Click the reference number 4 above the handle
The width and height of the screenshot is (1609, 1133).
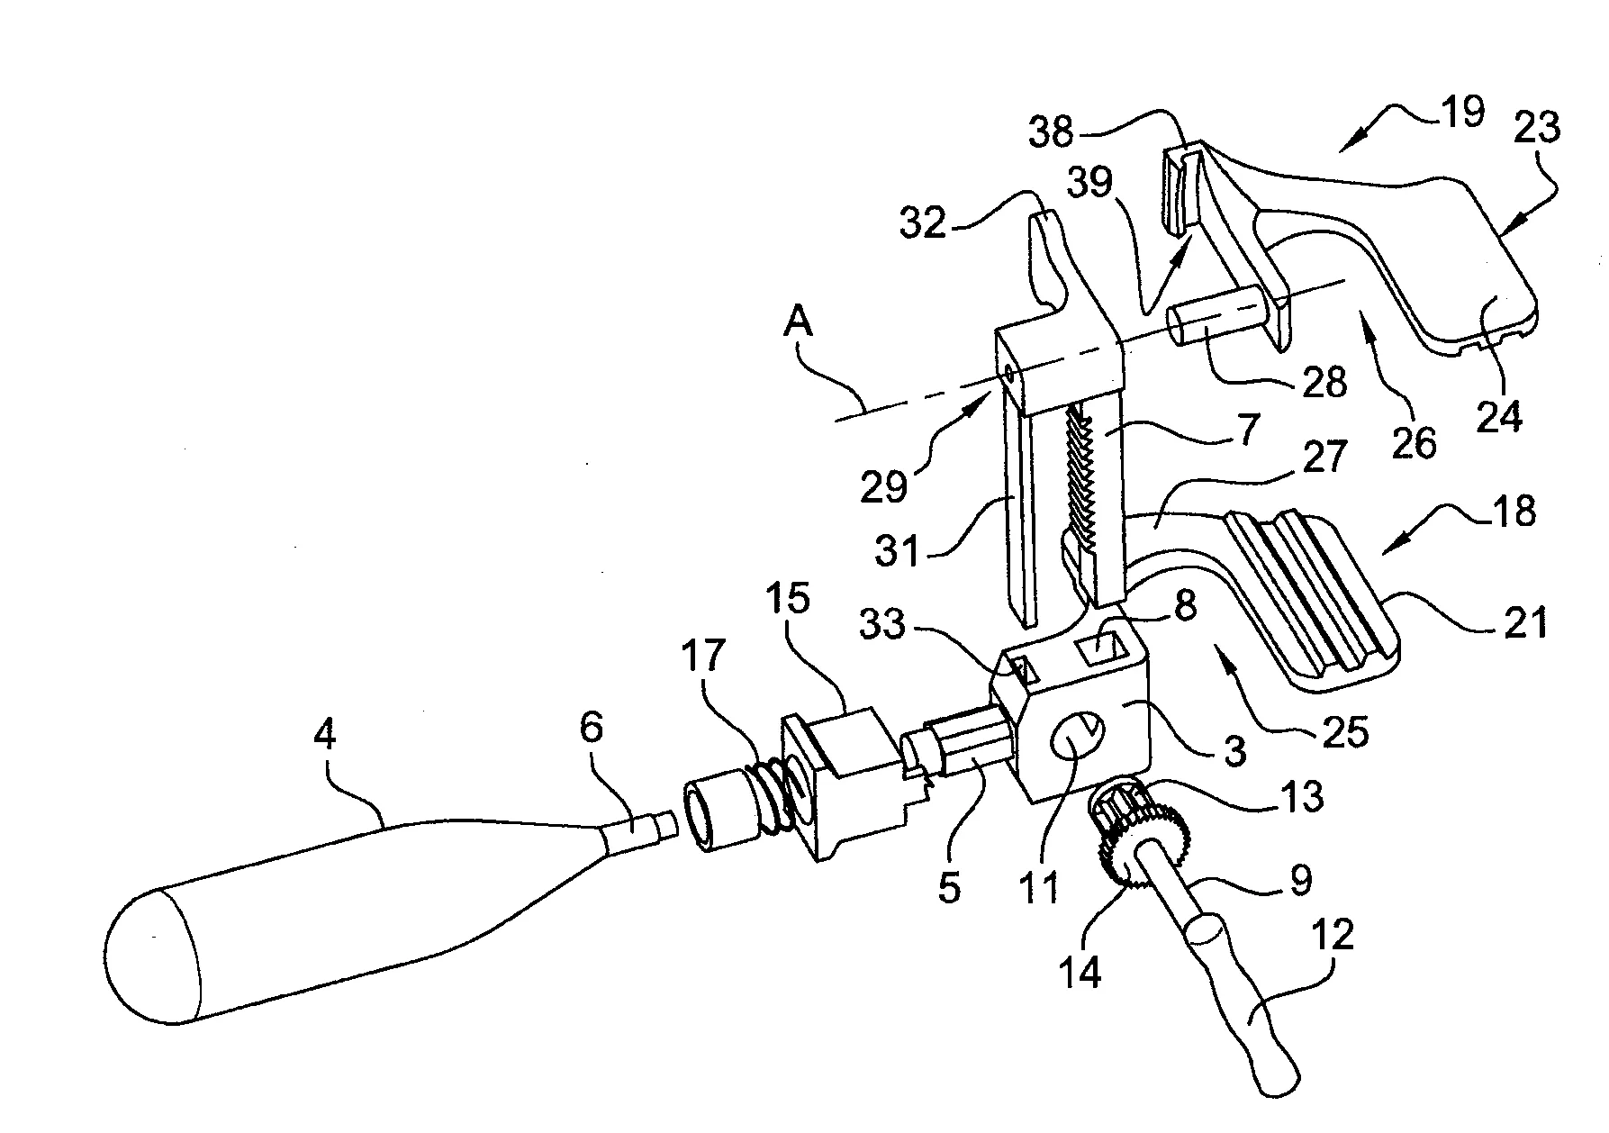324,736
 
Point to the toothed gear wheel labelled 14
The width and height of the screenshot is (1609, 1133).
1127,843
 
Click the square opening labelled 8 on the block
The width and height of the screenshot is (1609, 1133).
1103,647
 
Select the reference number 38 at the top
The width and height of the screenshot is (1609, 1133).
1053,132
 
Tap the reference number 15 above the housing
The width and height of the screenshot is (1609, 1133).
788,599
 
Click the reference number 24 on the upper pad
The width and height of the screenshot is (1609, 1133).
1498,416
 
